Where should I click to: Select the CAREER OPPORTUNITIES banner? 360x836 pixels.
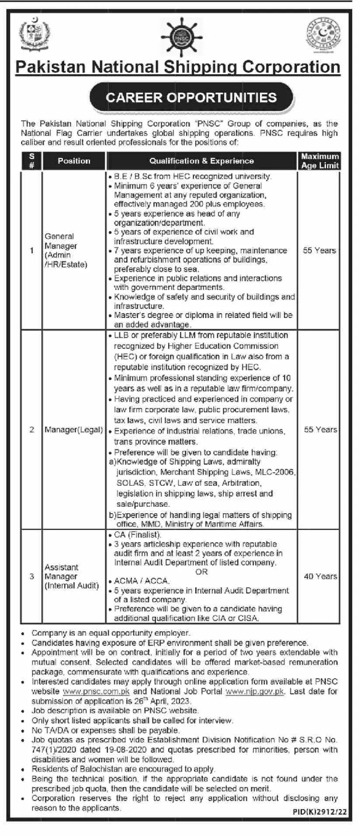pos(191,97)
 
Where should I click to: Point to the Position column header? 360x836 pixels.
pos(74,161)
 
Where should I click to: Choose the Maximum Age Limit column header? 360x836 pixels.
pos(320,161)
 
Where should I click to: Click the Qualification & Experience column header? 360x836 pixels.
pos(201,161)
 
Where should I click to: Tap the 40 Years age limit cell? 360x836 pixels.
pos(320,577)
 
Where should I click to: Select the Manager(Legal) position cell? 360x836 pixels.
pos(74,430)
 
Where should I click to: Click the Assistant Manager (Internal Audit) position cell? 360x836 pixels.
pos(72,577)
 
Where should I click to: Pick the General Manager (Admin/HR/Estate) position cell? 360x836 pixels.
pos(66,250)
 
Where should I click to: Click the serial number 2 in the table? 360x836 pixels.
pos(31,430)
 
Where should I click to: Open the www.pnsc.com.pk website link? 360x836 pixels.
pos(96,691)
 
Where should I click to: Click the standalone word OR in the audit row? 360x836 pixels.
pos(201,572)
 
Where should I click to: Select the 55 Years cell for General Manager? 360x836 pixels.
pos(319,250)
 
